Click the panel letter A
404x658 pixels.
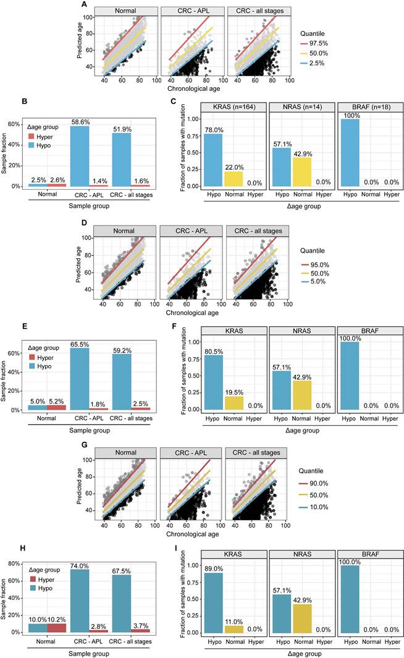(84, 4)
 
